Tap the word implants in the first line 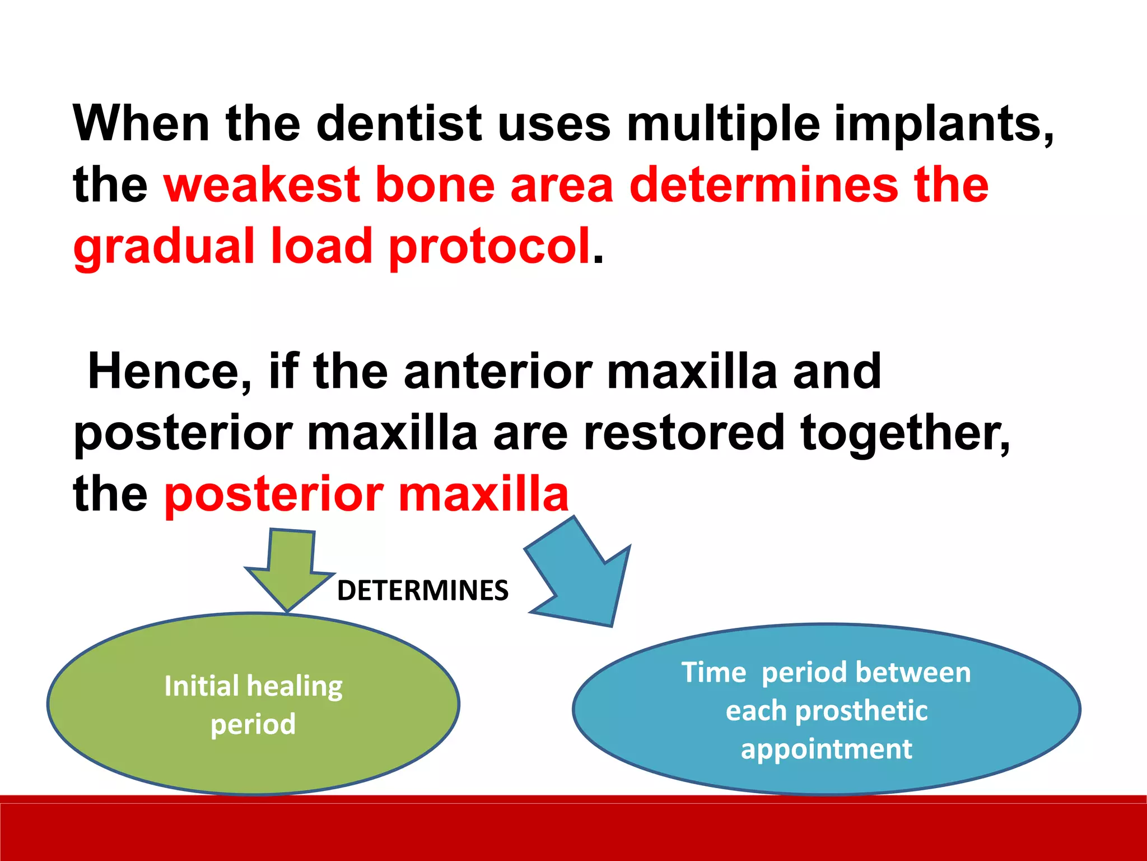click(x=943, y=123)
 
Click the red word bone click(x=435, y=185)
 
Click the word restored click(x=684, y=433)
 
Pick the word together click(x=905, y=433)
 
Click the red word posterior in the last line click(x=274, y=494)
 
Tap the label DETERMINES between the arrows click(x=423, y=591)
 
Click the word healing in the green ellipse click(x=295, y=686)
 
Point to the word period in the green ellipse click(x=253, y=724)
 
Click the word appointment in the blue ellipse click(x=827, y=749)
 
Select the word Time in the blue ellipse click(x=714, y=672)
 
